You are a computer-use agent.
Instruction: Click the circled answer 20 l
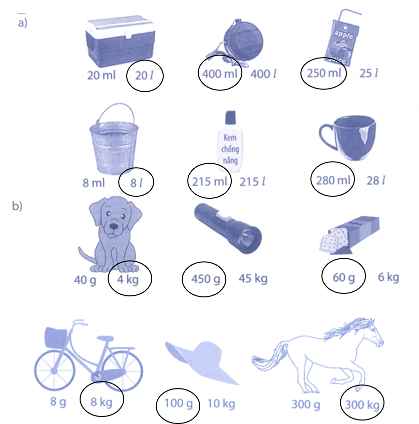145,75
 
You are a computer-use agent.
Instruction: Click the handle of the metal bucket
114,113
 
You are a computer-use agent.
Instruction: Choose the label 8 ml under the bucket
94,182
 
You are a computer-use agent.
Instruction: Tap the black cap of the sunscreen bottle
230,118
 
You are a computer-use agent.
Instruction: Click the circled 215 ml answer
210,181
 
